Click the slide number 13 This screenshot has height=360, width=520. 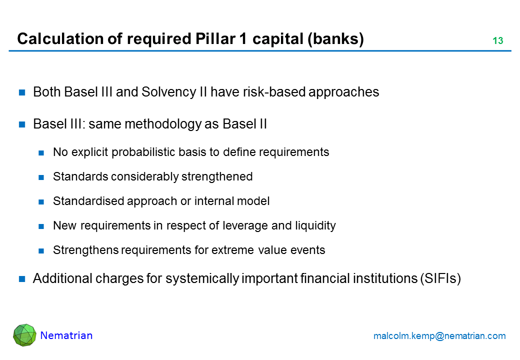click(498, 40)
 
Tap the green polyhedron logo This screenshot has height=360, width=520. click(24, 335)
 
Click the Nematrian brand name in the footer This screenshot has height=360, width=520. click(66, 335)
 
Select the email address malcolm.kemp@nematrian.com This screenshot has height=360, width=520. click(439, 336)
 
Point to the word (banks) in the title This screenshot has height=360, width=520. click(335, 39)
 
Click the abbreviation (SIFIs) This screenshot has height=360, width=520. click(440, 278)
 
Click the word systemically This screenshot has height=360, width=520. click(202, 278)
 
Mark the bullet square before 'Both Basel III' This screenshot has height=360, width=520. click(22, 92)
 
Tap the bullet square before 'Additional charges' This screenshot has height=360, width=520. click(22, 279)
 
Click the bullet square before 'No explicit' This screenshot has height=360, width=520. click(41, 153)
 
